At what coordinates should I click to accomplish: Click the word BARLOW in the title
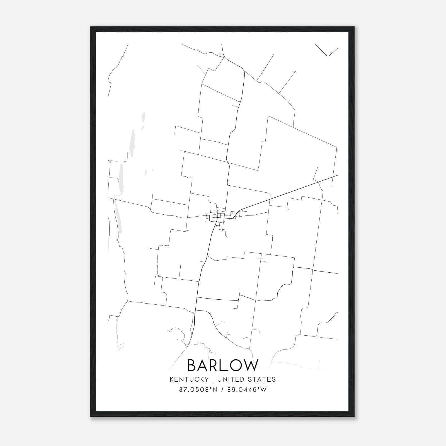(x=223, y=365)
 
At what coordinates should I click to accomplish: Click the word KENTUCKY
(x=189, y=379)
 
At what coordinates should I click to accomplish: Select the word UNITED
(x=229, y=379)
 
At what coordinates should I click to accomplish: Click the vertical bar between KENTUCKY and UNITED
(x=213, y=379)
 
